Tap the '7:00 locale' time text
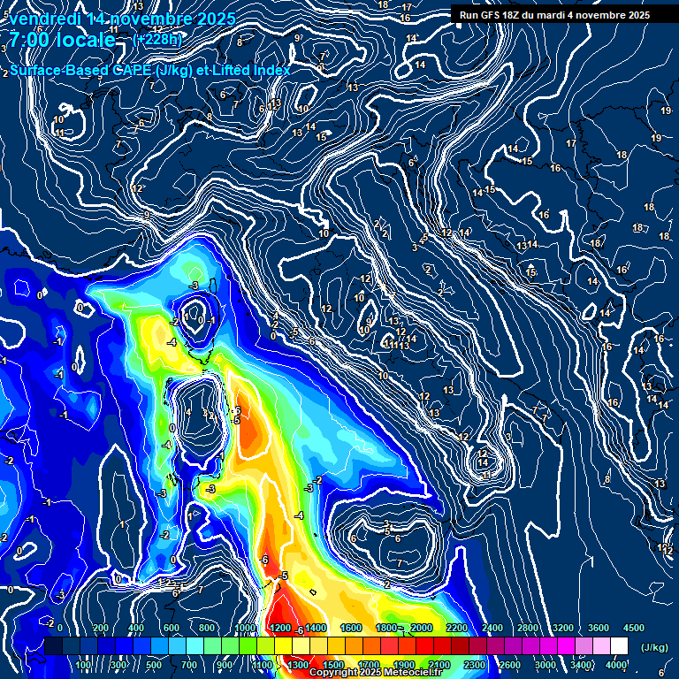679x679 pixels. [62, 40]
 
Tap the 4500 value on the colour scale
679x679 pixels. [633, 628]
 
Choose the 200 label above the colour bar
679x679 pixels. [100, 628]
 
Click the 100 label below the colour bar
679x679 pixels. [83, 665]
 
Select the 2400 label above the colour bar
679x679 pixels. [492, 628]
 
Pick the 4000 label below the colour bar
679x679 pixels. [616, 665]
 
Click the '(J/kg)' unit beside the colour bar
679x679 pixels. [654, 648]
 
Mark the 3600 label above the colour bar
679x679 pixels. [598, 628]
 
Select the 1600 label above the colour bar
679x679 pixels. [350, 628]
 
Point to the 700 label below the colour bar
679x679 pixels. [189, 665]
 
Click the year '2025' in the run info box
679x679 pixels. [635, 15]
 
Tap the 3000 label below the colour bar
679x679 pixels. [545, 665]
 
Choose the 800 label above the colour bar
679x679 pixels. [208, 628]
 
